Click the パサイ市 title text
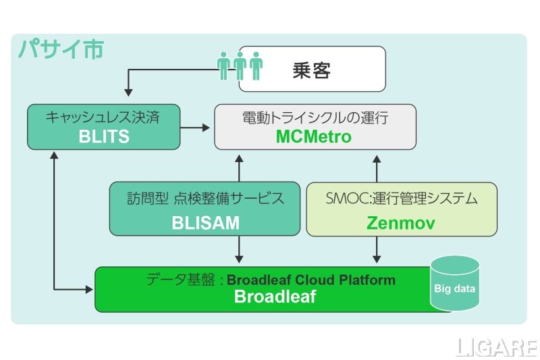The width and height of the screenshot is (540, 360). [60, 49]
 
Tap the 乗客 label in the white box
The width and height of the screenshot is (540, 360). [311, 70]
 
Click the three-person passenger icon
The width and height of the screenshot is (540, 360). [240, 65]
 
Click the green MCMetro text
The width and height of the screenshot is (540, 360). [314, 136]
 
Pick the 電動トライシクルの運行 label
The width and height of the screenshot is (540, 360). [315, 118]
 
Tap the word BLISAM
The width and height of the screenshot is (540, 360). [205, 222]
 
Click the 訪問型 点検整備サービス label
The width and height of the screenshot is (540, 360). [205, 199]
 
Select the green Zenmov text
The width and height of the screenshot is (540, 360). [401, 222]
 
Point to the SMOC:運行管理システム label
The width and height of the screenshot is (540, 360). [402, 199]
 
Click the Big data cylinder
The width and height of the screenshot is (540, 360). [454, 283]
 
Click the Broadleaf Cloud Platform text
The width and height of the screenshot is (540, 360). [311, 280]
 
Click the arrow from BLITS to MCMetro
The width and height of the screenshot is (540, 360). [196, 126]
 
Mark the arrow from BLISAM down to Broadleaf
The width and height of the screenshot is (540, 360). [238, 250]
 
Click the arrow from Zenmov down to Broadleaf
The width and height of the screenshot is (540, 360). [377, 250]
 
